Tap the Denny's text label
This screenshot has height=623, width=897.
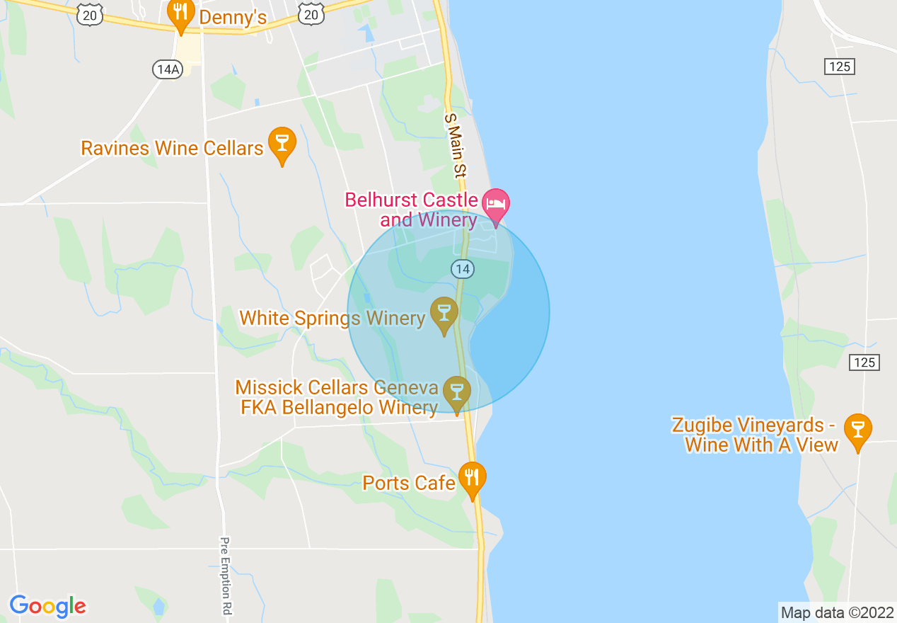pos(233,17)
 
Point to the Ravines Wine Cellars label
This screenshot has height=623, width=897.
pos(172,148)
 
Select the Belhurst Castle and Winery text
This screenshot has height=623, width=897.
pos(412,210)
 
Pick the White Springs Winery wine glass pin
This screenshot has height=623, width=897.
pos(444,314)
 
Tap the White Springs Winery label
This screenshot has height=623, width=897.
pos(332,319)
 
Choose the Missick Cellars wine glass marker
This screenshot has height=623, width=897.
pos(456,392)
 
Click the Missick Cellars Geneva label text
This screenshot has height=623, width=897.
pos(337,397)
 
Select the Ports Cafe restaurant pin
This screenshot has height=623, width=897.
pos(472,479)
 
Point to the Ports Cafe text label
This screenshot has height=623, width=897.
pos(408,484)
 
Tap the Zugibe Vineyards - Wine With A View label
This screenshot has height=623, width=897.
pos(755,435)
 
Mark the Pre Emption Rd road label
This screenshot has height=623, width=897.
pos(226,575)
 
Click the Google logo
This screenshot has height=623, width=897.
pos(47,606)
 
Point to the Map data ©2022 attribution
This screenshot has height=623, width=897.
pos(837,612)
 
